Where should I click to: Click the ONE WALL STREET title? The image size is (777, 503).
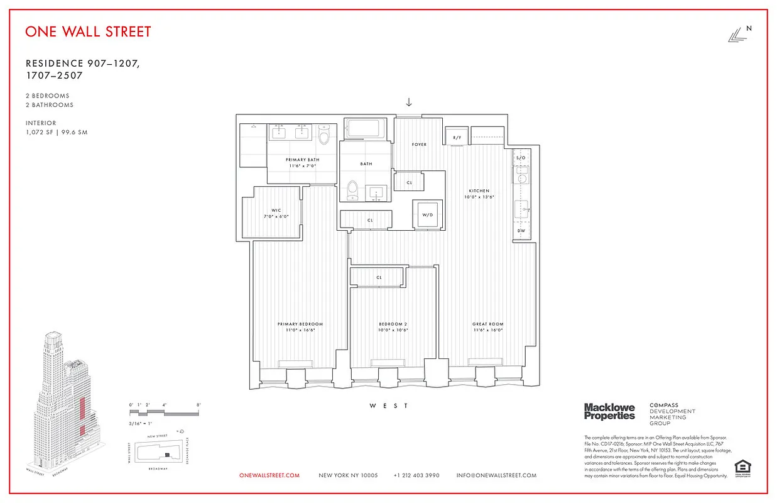point(88,31)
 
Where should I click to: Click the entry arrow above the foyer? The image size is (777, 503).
point(409,102)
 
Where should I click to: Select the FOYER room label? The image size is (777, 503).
point(419,145)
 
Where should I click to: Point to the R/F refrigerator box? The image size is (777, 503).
point(457,137)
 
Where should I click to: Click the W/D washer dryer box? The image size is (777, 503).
point(428,215)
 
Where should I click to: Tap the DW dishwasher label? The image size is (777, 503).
point(521,231)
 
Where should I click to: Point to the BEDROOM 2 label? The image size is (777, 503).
point(393,324)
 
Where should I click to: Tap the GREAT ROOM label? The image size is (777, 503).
point(488,324)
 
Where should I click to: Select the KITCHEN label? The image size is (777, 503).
point(479,191)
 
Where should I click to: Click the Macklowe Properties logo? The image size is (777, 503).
point(609,412)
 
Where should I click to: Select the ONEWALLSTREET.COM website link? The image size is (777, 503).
point(269,475)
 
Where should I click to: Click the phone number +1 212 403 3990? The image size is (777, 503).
point(416,475)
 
